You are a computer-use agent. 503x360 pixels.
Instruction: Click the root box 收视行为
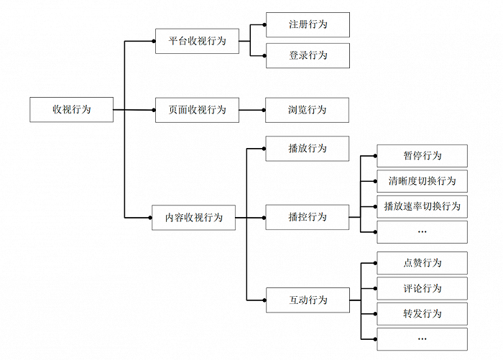(72, 110)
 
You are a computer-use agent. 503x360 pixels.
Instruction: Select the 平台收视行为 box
(197, 41)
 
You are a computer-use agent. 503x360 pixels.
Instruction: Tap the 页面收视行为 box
(197, 110)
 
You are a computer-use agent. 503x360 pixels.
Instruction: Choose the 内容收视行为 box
(193, 218)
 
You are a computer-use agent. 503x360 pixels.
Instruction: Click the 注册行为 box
(308, 24)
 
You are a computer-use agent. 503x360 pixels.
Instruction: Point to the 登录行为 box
(308, 55)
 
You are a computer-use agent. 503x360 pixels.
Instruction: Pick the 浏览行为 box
(307, 110)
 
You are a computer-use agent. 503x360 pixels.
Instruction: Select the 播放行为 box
(308, 149)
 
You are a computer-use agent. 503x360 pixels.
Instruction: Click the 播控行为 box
(308, 217)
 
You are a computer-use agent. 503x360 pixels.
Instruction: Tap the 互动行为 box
(308, 300)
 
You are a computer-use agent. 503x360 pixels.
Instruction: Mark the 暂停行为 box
(423, 156)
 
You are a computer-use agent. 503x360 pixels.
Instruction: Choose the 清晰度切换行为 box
(423, 181)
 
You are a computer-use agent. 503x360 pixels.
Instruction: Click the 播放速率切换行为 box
(423, 207)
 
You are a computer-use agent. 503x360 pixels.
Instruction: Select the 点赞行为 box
(423, 263)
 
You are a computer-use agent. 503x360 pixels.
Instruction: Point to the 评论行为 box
(423, 288)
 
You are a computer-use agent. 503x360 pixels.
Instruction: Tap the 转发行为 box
(423, 314)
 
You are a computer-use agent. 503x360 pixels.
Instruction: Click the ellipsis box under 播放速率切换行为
(423, 232)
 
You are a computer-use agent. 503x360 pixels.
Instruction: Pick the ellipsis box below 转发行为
(423, 339)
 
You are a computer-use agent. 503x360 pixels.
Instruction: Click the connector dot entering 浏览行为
(264, 110)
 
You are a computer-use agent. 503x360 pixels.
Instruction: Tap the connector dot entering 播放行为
(264, 149)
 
